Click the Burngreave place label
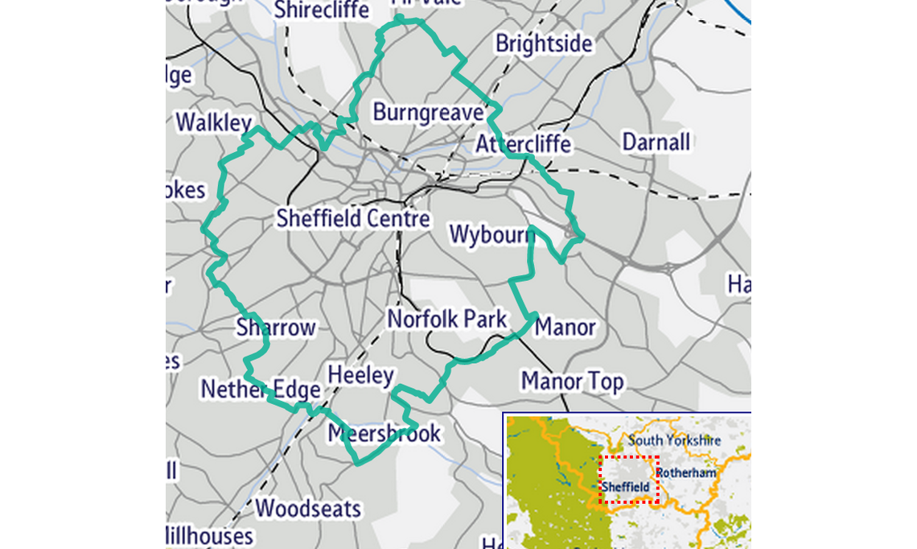click(427, 113)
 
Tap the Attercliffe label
click(523, 144)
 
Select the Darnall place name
click(656, 142)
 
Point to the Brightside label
click(544, 43)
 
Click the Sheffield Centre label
click(353, 218)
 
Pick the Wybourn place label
click(492, 234)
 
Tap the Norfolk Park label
click(447, 320)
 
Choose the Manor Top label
click(572, 381)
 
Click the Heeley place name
click(361, 375)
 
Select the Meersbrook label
click(384, 434)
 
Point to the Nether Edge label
click(261, 390)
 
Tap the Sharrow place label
click(276, 328)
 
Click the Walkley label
click(214, 123)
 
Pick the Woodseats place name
click(308, 509)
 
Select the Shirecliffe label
click(322, 10)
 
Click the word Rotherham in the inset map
click(685, 473)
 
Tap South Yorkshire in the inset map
click(674, 440)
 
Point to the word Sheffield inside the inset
click(625, 487)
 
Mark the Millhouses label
click(208, 535)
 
